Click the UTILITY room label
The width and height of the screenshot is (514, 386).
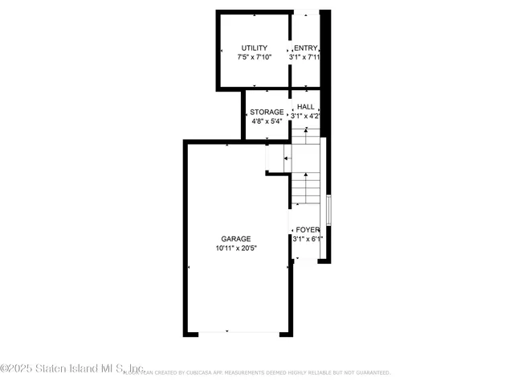point(254,48)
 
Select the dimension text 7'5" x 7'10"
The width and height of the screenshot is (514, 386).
point(254,58)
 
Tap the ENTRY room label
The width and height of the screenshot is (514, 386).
point(306,48)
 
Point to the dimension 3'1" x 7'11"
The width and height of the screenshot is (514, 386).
point(306,58)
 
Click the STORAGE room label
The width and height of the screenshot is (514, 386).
point(267,112)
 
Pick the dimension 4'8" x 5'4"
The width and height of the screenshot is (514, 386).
point(267,121)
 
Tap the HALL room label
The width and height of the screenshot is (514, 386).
point(306,107)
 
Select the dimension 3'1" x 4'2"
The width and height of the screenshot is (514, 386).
point(306,117)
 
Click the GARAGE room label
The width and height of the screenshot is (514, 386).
point(237,239)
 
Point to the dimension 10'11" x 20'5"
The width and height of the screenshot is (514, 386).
point(237,248)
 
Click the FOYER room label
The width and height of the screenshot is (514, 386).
point(308,229)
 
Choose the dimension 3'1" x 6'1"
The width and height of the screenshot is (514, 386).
point(308,239)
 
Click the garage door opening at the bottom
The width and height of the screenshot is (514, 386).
point(227,332)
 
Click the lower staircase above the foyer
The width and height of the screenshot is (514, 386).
point(304,189)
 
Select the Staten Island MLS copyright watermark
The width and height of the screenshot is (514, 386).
point(72,368)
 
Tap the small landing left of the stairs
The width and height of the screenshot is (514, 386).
point(276,160)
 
